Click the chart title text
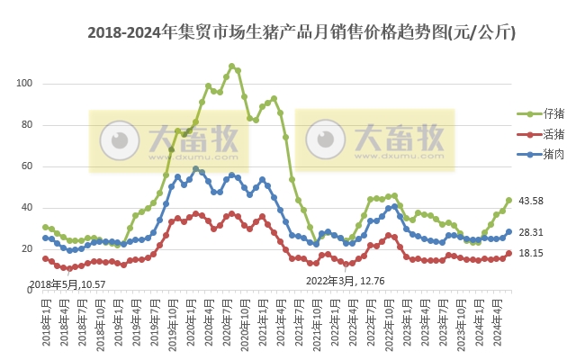pos(301,33)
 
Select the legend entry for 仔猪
pos(553,114)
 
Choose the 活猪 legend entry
pos(553,134)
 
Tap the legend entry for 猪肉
pos(553,154)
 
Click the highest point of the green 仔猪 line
pos(232,66)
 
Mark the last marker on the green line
pos(508,200)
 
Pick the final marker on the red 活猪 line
pos(508,253)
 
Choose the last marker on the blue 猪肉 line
pos(508,231)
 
